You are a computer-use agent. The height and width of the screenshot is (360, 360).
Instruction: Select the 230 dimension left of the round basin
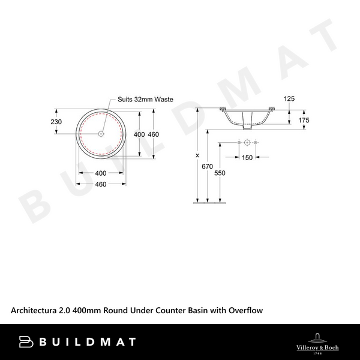pos(57,122)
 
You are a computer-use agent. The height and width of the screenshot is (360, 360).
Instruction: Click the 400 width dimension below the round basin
pos(101,173)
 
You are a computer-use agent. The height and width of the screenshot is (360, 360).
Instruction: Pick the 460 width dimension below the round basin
pos(101,184)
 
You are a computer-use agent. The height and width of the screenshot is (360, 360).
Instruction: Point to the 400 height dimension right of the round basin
pos(139,134)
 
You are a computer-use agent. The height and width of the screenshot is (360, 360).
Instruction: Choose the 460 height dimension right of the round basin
pos(153,134)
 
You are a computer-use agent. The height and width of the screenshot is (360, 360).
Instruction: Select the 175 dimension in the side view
pos(304,121)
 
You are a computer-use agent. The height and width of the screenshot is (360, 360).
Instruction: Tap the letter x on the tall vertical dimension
pos(197,156)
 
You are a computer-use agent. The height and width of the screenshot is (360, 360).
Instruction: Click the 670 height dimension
pos(208,166)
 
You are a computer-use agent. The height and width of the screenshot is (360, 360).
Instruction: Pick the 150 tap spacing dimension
pos(247,158)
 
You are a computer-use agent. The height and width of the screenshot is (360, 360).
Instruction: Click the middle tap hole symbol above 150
pos(247,143)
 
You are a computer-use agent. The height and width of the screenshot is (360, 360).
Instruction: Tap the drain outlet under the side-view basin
pos(247,126)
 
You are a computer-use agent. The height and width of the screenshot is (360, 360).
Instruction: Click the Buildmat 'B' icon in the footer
pos(26,342)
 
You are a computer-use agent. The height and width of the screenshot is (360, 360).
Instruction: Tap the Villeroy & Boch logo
pos(319,341)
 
